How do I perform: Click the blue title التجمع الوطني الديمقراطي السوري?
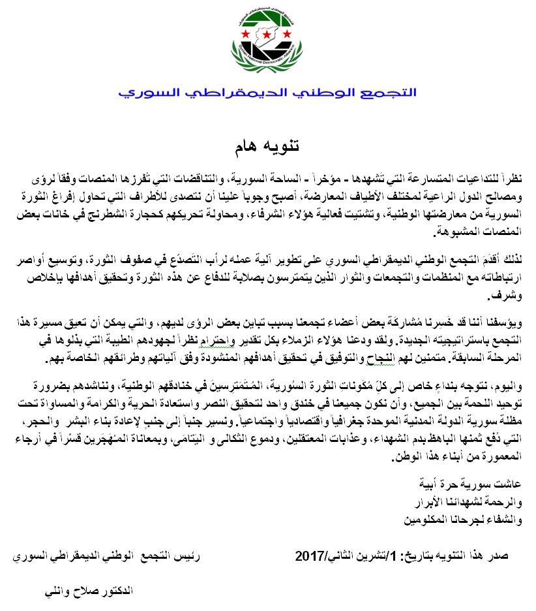point(267,91)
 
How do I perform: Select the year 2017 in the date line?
point(310,557)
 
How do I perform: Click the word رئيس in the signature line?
point(188,558)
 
